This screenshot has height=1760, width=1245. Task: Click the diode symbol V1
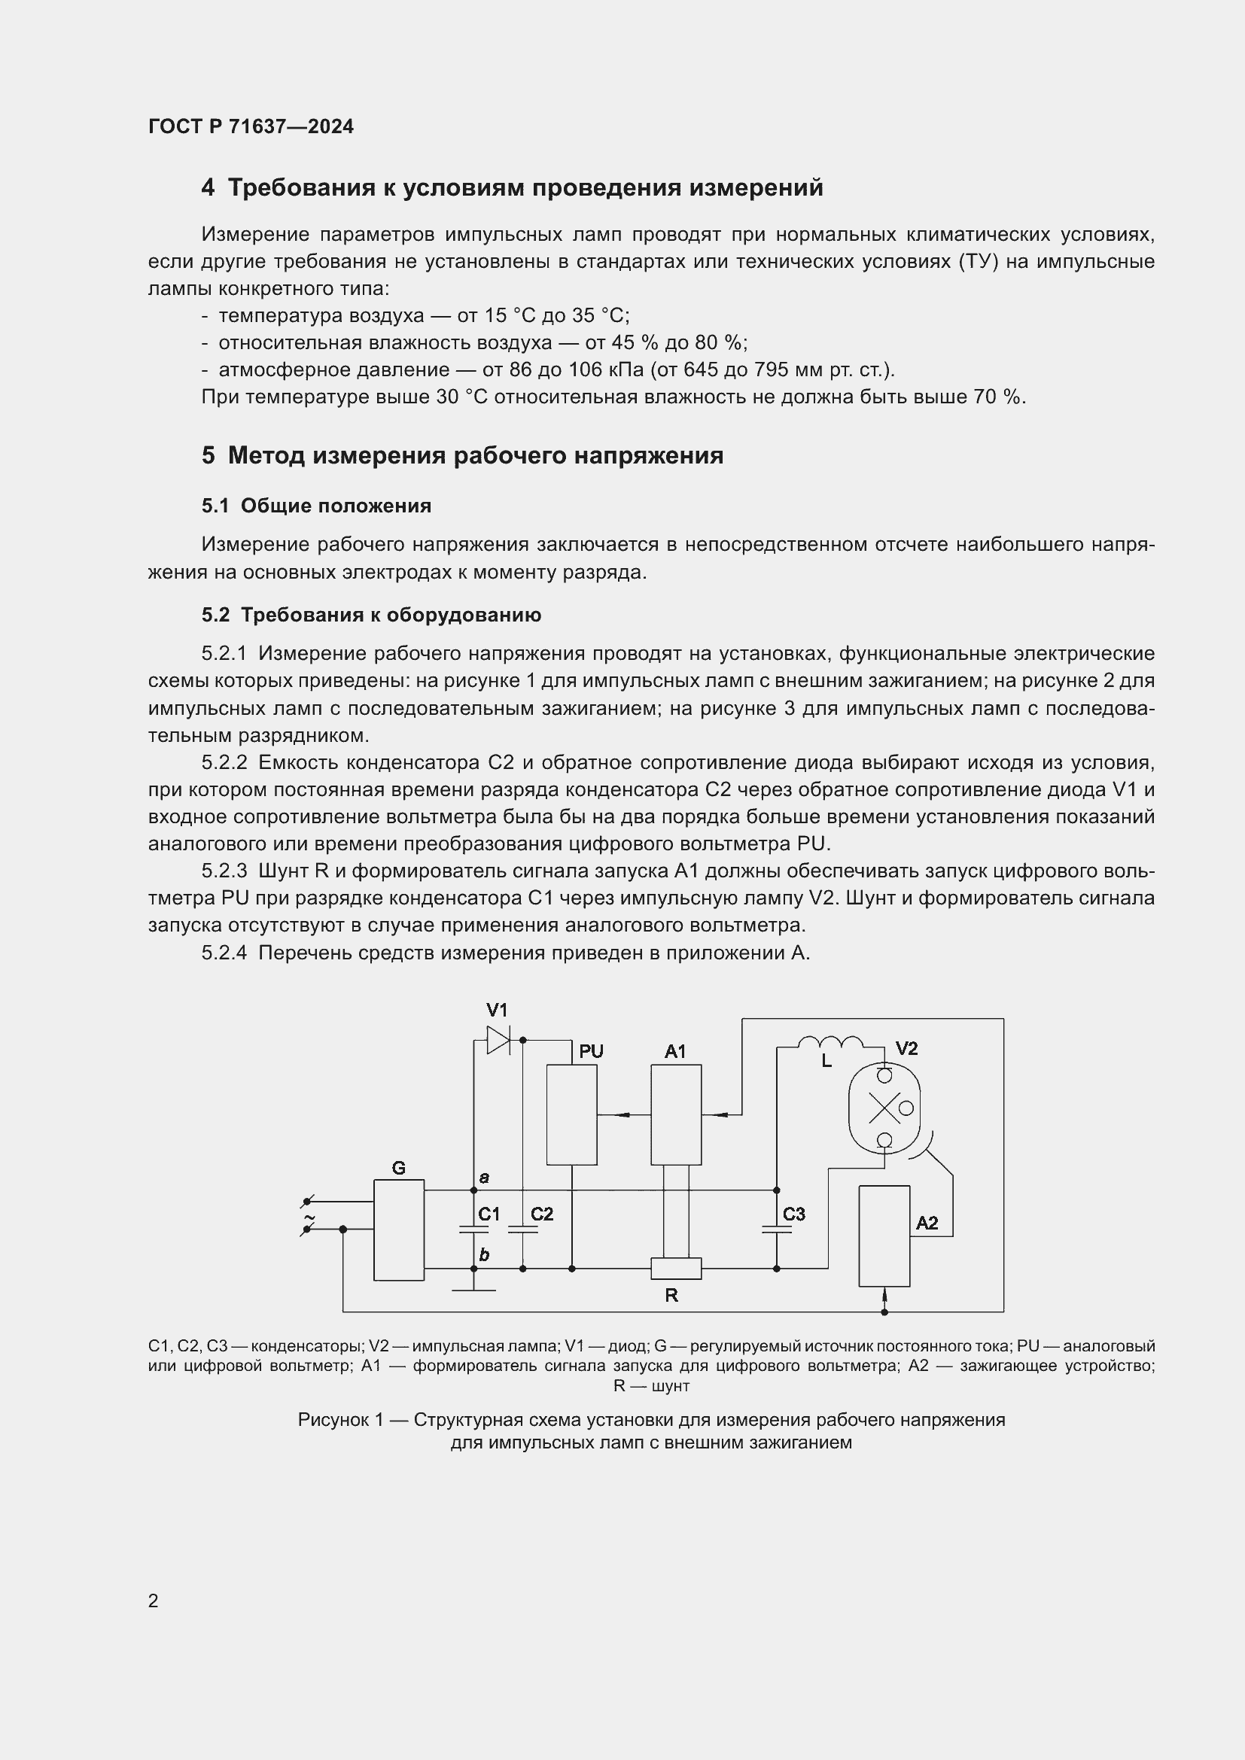tap(498, 1040)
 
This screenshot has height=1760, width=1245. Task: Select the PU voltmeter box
tap(571, 1114)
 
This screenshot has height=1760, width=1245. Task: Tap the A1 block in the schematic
tap(675, 1114)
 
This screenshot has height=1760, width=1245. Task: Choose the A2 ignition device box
tap(884, 1236)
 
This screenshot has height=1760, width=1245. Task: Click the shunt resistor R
tap(675, 1269)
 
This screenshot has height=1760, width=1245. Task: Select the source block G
tap(399, 1230)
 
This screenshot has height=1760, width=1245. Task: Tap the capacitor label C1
tap(489, 1214)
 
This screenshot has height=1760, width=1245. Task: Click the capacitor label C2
tap(541, 1214)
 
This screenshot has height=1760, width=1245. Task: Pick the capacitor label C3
tap(793, 1214)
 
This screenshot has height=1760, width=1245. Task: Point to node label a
tap(484, 1177)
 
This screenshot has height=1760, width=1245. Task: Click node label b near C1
tap(484, 1255)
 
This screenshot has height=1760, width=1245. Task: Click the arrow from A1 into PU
tap(622, 1114)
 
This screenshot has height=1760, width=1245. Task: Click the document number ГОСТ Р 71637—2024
tap(251, 126)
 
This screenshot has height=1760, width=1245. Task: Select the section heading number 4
tap(208, 188)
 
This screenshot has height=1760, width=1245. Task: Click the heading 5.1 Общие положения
tap(316, 506)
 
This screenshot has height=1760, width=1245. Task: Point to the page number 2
tap(154, 1600)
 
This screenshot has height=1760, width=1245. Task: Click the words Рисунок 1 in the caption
tap(339, 1420)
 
